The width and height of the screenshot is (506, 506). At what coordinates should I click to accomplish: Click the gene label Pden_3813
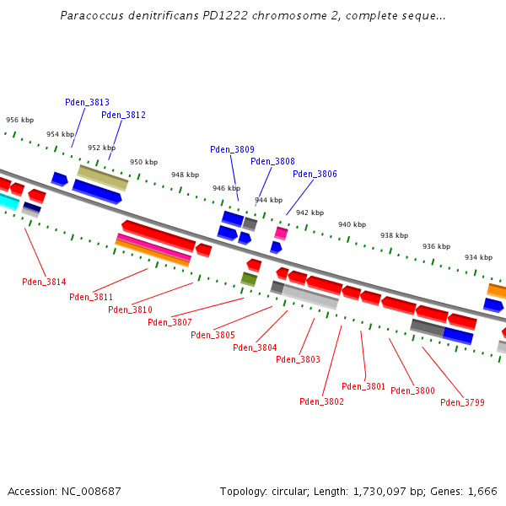[87, 102]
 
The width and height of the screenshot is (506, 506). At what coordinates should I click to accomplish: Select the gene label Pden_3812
[123, 115]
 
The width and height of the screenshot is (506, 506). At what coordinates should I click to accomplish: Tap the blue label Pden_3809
[232, 149]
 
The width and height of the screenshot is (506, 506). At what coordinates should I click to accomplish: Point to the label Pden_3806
[315, 174]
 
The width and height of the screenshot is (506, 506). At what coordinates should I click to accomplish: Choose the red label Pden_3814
[44, 282]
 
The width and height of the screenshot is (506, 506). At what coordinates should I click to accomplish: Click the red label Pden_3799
[462, 402]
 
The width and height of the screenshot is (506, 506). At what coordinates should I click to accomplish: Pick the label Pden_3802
[321, 401]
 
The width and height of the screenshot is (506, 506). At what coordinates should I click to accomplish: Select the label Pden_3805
[213, 335]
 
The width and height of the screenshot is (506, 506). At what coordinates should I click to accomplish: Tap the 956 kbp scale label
[19, 120]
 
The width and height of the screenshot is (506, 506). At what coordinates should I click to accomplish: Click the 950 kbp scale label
[143, 162]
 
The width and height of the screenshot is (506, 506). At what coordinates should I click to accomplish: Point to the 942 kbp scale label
[310, 213]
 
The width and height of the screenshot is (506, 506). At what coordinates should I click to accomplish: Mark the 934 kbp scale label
[478, 257]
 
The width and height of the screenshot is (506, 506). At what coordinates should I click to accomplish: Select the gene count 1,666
[481, 491]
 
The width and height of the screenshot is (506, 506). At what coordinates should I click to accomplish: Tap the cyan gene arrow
[8, 201]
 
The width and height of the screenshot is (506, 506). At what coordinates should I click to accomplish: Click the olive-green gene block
[249, 278]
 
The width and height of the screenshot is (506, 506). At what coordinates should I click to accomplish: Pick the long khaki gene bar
[103, 177]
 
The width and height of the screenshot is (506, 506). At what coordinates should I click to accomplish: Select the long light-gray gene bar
[310, 297]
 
